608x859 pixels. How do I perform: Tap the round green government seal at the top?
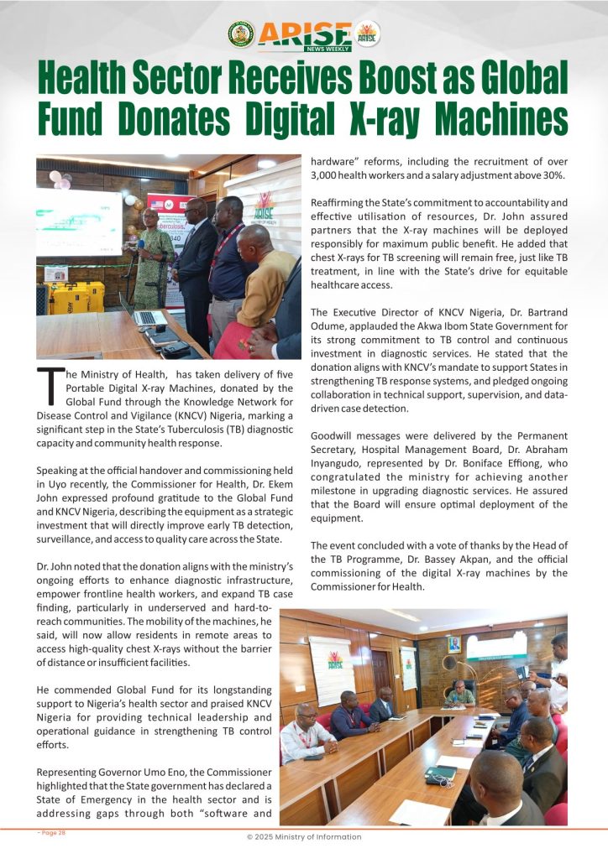click(x=241, y=34)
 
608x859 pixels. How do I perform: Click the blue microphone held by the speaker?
click(x=141, y=244)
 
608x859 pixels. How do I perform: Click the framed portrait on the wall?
click(x=453, y=643)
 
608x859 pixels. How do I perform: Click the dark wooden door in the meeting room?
click(x=381, y=671)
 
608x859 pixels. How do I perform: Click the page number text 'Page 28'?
click(x=52, y=833)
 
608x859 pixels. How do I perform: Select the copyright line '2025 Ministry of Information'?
click(x=307, y=836)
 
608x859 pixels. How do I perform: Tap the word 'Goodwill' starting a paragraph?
click(x=334, y=436)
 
